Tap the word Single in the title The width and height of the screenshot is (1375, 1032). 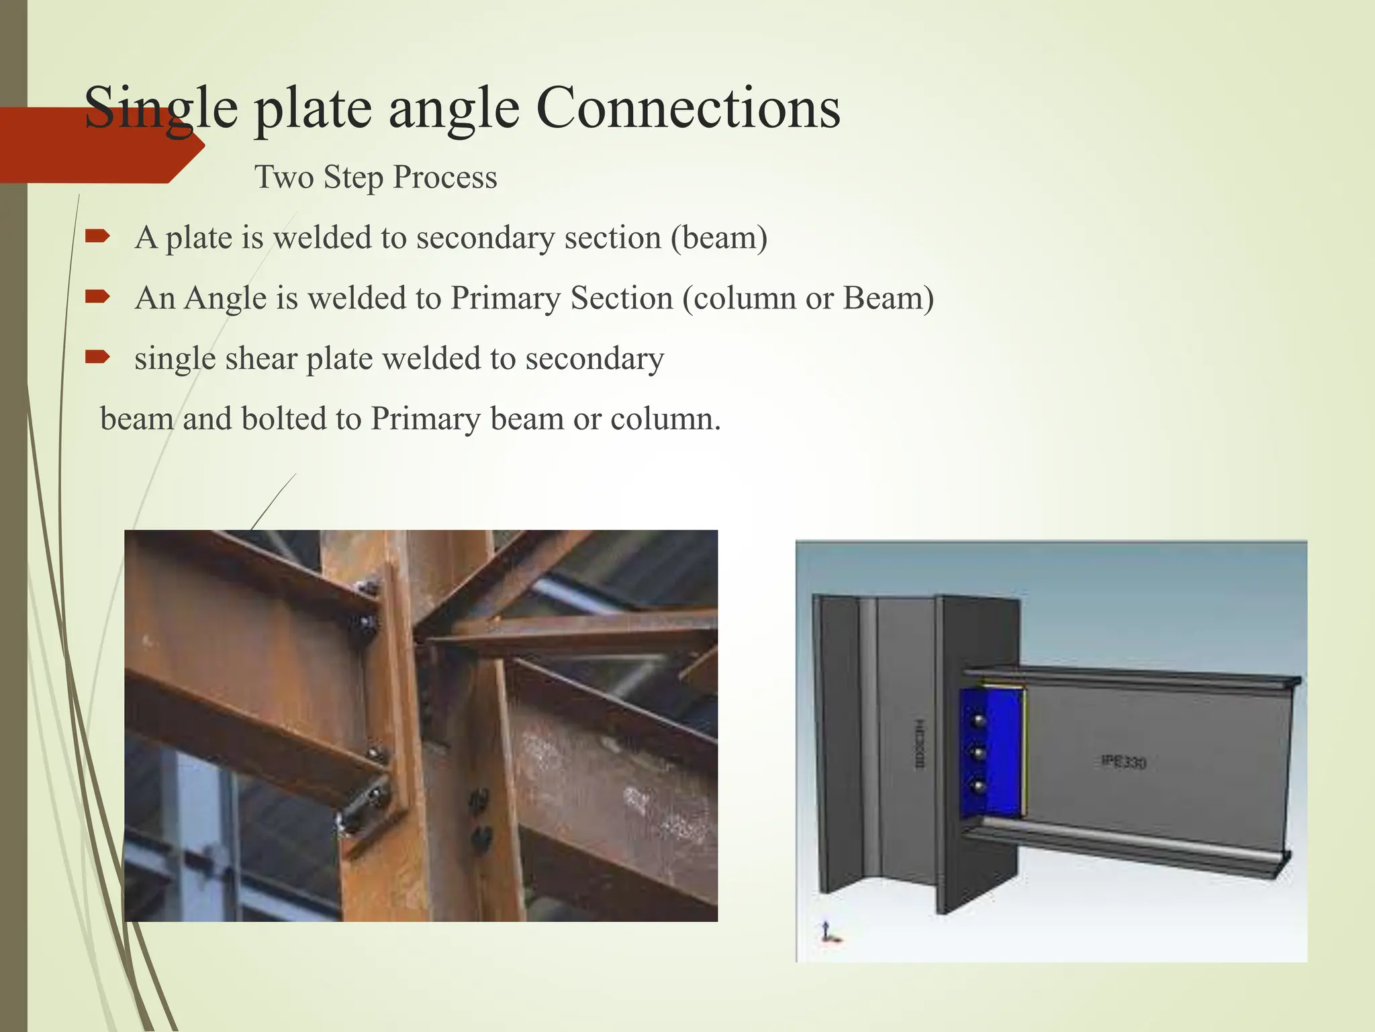tap(161, 109)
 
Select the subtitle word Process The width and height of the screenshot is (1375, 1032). tap(444, 177)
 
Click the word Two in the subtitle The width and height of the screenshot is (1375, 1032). tap(284, 177)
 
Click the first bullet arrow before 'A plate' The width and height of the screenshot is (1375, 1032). tap(97, 236)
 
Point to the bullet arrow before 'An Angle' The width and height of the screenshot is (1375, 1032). tap(97, 296)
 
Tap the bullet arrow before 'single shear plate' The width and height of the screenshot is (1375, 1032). tap(97, 357)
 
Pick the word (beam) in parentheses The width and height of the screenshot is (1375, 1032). tap(719, 238)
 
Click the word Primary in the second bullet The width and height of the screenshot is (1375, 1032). tap(505, 298)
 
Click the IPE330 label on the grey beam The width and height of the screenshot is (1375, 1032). tap(1123, 762)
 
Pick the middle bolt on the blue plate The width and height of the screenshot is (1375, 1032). tap(979, 753)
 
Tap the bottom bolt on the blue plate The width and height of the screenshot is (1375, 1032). tap(979, 785)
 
